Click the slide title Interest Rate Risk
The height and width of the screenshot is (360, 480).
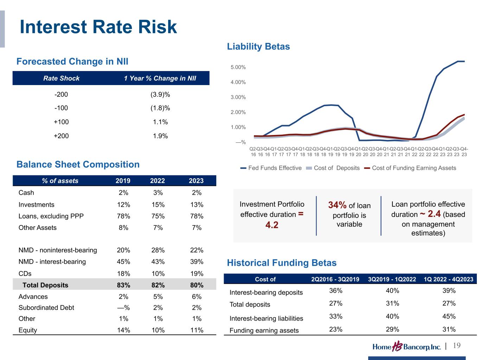pos(98,27)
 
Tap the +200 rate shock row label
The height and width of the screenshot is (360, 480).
pos(61,136)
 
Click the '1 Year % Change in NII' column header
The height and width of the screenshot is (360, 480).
pos(160,78)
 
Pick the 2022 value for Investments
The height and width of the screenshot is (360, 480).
pos(158,205)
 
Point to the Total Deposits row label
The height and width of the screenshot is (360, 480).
pos(45,285)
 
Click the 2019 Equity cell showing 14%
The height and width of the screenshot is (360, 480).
pos(123,330)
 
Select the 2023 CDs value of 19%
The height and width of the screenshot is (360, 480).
pos(197,274)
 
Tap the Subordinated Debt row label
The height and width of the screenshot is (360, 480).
pos(46,308)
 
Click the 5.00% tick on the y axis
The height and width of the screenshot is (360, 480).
pos(238,67)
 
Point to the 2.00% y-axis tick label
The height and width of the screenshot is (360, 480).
pos(238,112)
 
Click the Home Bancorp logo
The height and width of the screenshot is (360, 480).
pos(407,347)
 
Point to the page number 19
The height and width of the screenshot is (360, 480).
pos(456,346)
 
